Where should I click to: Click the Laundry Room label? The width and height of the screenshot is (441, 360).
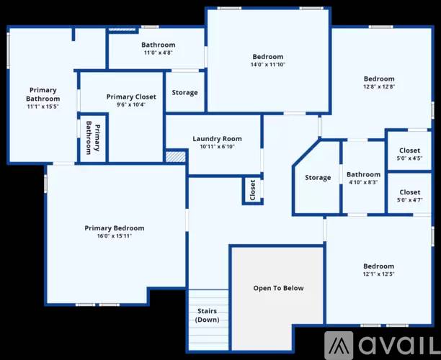tap(217, 139)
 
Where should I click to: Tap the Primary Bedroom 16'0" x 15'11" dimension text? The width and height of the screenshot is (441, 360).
tap(115, 235)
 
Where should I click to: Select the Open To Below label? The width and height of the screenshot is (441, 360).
tap(278, 288)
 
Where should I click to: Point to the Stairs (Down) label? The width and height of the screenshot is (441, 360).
tap(208, 315)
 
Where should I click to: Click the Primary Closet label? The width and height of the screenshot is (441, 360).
tap(131, 97)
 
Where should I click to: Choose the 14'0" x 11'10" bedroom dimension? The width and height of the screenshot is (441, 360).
tap(268, 64)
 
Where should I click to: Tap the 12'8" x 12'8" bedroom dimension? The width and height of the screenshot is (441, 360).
tap(379, 86)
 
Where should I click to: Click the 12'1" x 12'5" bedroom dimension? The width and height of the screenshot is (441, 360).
tap(378, 274)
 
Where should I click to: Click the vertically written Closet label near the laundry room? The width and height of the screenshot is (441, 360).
tap(252, 190)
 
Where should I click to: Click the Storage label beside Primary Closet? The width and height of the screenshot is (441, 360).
tap(184, 93)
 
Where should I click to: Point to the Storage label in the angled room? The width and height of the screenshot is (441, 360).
tap(318, 178)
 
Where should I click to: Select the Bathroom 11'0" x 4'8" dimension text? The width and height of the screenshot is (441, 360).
tap(158, 53)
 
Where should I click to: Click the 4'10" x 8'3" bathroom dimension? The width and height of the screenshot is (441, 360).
tap(363, 182)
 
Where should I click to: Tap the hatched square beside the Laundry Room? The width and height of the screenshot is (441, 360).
tap(176, 157)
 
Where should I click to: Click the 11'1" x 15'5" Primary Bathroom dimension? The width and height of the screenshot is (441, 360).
tap(43, 107)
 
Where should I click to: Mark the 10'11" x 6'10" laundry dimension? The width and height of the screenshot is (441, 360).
tap(217, 146)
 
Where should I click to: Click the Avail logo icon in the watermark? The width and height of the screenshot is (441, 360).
tap(339, 345)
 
